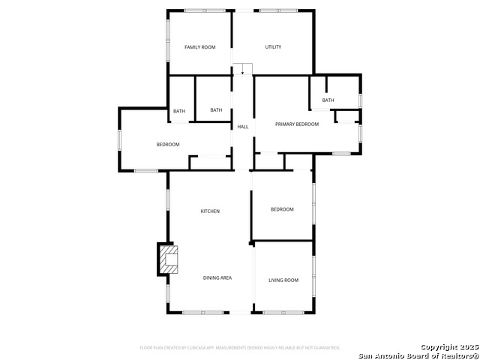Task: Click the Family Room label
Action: (199, 47)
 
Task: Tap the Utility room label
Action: (273, 47)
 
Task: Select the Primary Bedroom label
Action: (297, 124)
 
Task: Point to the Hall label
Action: (243, 127)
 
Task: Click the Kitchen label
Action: (210, 211)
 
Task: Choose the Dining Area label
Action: (217, 278)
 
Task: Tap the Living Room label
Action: (283, 280)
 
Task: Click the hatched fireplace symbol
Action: (169, 260)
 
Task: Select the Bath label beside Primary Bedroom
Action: (328, 100)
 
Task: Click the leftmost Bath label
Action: (179, 112)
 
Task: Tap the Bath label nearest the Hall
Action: (216, 110)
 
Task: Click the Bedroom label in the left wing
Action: (168, 145)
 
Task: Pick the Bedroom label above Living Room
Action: (282, 209)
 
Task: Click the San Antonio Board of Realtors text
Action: (417, 355)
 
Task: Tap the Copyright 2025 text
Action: (448, 346)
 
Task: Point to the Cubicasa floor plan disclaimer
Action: (240, 348)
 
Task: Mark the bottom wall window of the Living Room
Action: (283, 312)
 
